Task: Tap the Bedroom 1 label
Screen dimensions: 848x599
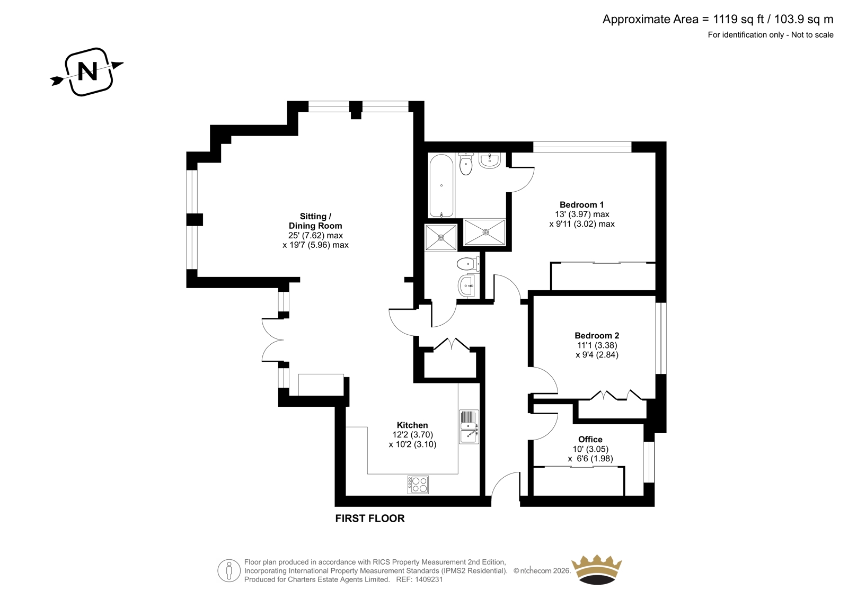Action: [x=581, y=205]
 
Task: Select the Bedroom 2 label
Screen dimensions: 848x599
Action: [x=597, y=336]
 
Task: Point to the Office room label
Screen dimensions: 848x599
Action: [x=590, y=439]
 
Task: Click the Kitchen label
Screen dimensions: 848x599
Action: [x=412, y=425]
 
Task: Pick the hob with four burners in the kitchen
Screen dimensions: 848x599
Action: [x=418, y=485]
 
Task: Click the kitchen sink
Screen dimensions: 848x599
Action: [x=469, y=427]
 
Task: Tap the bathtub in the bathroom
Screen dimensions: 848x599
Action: [x=441, y=185]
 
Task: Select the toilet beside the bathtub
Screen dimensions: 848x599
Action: [x=466, y=164]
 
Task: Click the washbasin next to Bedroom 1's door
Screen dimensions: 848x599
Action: [x=490, y=160]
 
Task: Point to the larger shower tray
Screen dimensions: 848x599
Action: [x=484, y=231]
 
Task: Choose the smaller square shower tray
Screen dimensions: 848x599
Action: [x=440, y=237]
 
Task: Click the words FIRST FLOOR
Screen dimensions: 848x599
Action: [x=370, y=518]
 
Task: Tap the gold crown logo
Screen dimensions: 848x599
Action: [x=597, y=569]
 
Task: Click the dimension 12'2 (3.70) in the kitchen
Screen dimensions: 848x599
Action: [x=413, y=435]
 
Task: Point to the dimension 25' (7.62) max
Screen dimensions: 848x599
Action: [x=315, y=235]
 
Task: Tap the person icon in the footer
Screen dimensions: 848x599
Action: [x=229, y=570]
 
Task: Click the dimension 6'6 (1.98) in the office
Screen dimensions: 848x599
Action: [x=594, y=459]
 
